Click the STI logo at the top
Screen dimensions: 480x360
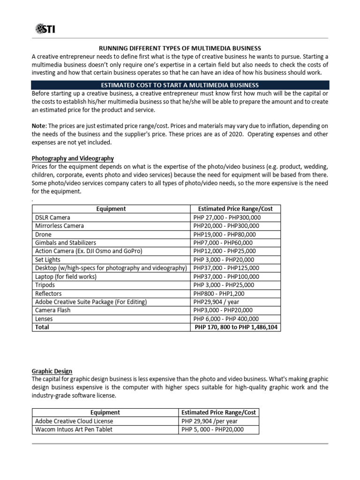[x=44, y=30]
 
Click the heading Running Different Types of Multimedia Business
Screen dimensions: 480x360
[x=179, y=48]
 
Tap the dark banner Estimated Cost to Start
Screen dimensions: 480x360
[x=180, y=85]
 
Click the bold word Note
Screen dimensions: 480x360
[x=38, y=126]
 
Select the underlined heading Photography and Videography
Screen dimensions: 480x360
[x=72, y=158]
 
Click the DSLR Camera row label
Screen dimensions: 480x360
[x=52, y=217]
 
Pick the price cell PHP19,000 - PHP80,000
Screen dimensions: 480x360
[x=225, y=234]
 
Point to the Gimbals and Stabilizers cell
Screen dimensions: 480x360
[x=66, y=243]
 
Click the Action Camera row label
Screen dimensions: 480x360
[x=89, y=251]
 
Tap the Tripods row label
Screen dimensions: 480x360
[x=45, y=285]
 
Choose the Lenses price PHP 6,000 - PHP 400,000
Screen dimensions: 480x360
[x=227, y=319]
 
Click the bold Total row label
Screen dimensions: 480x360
[x=42, y=327]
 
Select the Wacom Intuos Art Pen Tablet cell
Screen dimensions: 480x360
[x=74, y=429]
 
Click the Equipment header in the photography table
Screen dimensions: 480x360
[x=111, y=209]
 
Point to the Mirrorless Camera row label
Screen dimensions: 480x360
[x=60, y=226]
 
